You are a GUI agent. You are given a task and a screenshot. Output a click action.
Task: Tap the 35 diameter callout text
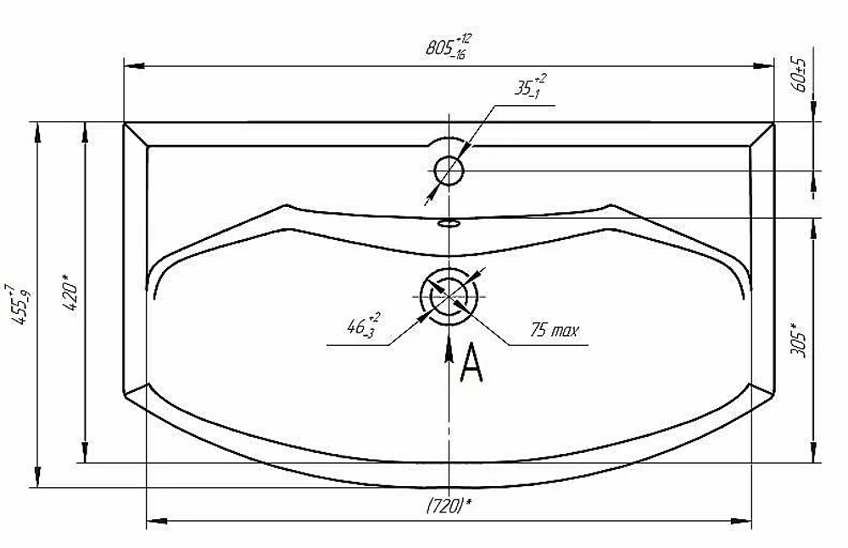[x=530, y=87]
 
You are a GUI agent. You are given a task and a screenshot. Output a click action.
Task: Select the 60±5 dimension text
[x=800, y=74]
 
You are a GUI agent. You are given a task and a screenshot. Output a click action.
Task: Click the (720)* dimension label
[x=449, y=506]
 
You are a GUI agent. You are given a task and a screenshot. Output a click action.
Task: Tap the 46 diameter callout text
[x=363, y=325]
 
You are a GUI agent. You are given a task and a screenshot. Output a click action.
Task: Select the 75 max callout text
[x=555, y=329]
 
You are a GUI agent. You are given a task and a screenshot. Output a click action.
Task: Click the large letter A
[x=471, y=362]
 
